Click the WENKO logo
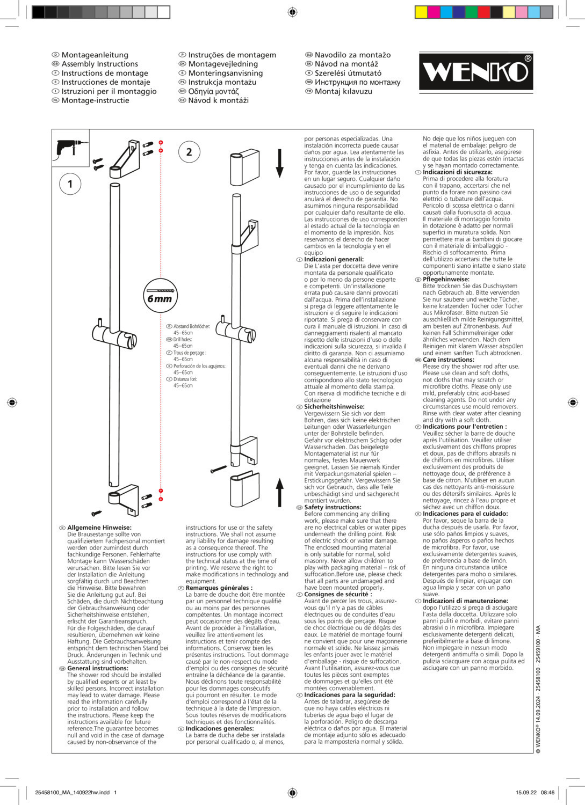[x=476, y=71]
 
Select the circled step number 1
[x=70, y=184]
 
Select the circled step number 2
[x=189, y=152]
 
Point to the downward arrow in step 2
[x=279, y=163]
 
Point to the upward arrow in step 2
[x=279, y=492]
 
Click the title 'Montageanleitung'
[x=95, y=55]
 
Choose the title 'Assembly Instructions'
[x=99, y=64]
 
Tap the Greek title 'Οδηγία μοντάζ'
[x=213, y=91]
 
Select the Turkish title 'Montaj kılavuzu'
[x=343, y=91]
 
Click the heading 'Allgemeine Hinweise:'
[x=99, y=528]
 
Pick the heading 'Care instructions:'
[x=449, y=360]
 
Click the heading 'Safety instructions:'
[x=333, y=507]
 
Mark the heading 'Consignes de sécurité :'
[x=338, y=594]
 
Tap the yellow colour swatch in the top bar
[x=421, y=12]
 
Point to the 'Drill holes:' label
[x=182, y=340]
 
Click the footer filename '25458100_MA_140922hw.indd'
[x=72, y=792]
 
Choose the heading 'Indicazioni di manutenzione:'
[x=465, y=601]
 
